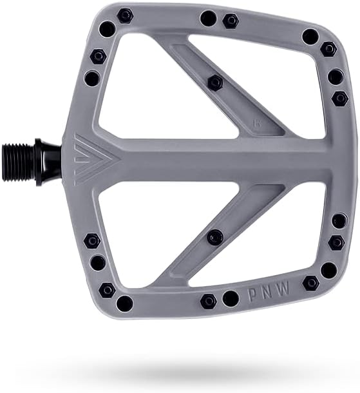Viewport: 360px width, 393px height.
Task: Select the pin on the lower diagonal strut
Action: [x=215, y=236]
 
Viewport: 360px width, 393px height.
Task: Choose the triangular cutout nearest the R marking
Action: [x=283, y=97]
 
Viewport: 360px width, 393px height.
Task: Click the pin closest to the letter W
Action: [x=311, y=282]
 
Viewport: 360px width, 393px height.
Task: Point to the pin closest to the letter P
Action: [x=231, y=298]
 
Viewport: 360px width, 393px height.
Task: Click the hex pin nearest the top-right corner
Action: [x=328, y=48]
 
